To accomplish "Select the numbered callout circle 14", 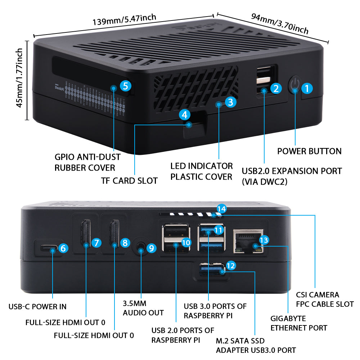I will (x=222, y=208).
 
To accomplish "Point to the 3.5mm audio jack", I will (x=141, y=248).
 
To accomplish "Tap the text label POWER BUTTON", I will (x=309, y=151).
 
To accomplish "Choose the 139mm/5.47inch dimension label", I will (x=124, y=21).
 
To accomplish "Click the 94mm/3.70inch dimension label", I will (x=280, y=24).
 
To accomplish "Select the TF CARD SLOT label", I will (x=129, y=181).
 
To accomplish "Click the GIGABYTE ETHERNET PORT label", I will (x=298, y=323).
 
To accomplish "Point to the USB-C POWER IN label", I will (x=37, y=307).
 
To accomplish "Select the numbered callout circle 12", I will (x=231, y=266).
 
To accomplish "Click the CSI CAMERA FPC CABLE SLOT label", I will (x=325, y=300).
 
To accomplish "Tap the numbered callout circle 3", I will (x=231, y=102).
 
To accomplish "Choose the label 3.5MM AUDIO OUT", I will (x=143, y=308).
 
